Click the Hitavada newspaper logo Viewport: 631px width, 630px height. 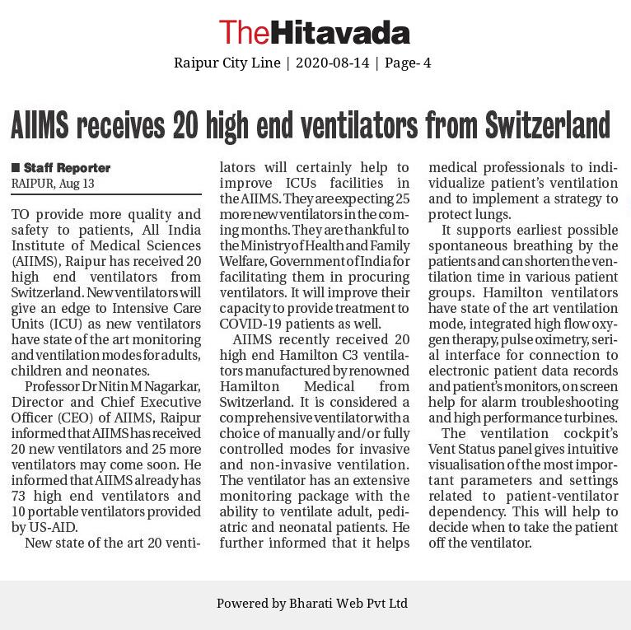coord(314,32)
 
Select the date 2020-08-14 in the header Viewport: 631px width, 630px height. coord(332,63)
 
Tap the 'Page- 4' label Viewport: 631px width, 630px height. coord(407,63)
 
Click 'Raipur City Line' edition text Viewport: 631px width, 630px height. coord(227,63)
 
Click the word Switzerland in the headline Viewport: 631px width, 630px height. coord(547,125)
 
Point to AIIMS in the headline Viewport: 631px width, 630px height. coord(40,125)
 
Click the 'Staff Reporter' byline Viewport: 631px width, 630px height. coord(67,168)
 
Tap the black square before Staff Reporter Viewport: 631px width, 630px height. coord(16,168)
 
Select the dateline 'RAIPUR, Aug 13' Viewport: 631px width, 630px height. coord(53,184)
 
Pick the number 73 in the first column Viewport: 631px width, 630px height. coord(21,496)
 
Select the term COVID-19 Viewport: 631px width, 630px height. coord(250,324)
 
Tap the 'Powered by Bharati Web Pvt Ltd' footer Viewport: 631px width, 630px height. coord(312,604)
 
